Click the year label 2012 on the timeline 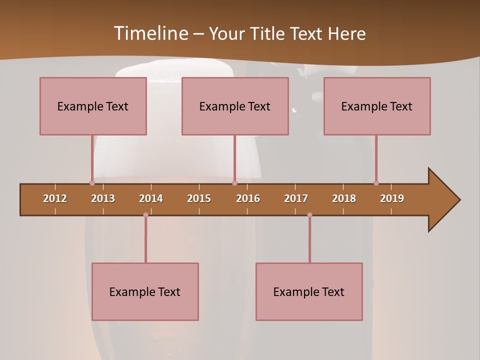point(55,198)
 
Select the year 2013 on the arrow point(103,198)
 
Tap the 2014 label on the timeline point(151,198)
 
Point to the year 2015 point(199,198)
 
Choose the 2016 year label point(248,198)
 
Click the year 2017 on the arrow point(296,198)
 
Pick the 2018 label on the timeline point(344,198)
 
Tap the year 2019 point(392,198)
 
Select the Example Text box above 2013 point(93,106)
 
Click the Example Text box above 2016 point(235,106)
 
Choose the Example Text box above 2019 point(377,106)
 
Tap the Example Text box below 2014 point(145,291)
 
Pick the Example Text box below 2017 point(309,291)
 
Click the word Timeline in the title point(150,33)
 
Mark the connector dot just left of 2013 point(92,183)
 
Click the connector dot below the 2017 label point(309,215)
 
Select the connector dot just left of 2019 point(376,183)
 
